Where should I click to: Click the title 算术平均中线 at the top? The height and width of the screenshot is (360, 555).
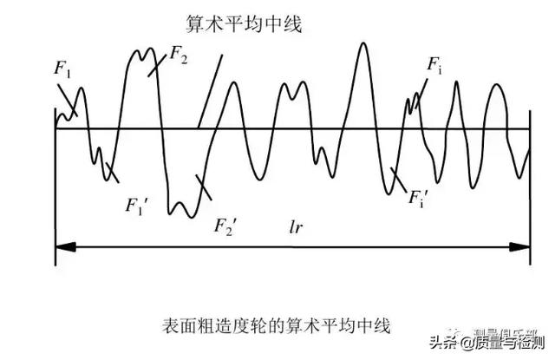244,23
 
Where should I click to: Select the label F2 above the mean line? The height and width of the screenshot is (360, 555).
176,54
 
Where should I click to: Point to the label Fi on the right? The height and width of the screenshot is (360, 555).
435,64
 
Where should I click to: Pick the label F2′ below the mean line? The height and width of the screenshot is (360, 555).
226,226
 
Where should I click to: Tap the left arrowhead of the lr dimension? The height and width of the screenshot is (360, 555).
61,248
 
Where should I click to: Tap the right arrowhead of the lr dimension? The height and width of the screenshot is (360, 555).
524,248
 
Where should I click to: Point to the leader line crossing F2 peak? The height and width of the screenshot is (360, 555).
156,63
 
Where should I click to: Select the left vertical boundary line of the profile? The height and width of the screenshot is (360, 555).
55,187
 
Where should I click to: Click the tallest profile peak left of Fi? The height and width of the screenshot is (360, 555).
362,48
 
